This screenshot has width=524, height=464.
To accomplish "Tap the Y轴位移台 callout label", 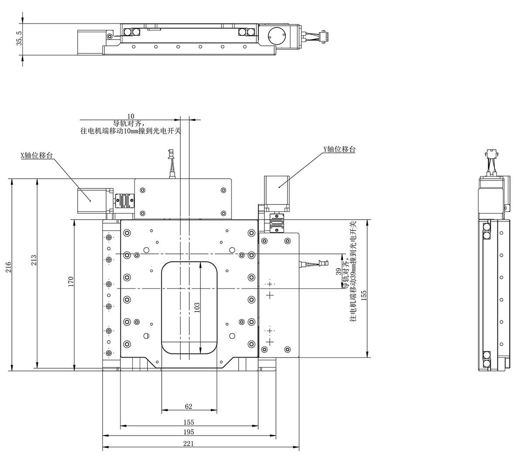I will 339,149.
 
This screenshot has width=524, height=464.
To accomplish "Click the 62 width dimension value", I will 189,406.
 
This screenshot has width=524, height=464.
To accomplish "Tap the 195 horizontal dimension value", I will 189,432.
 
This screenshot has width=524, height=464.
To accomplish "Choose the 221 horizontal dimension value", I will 189,443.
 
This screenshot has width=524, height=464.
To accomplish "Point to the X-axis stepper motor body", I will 90,201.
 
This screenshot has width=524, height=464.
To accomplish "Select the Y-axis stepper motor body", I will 277,188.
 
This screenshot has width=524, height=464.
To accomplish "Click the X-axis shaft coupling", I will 124,201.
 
